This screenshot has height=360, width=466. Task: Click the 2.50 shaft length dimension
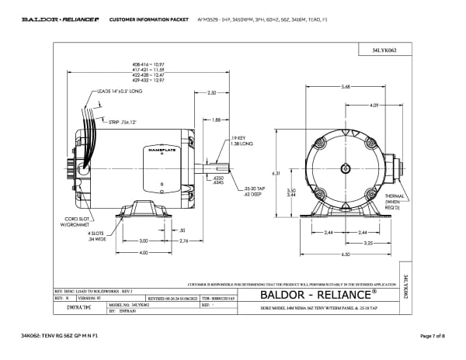click(211, 92)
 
